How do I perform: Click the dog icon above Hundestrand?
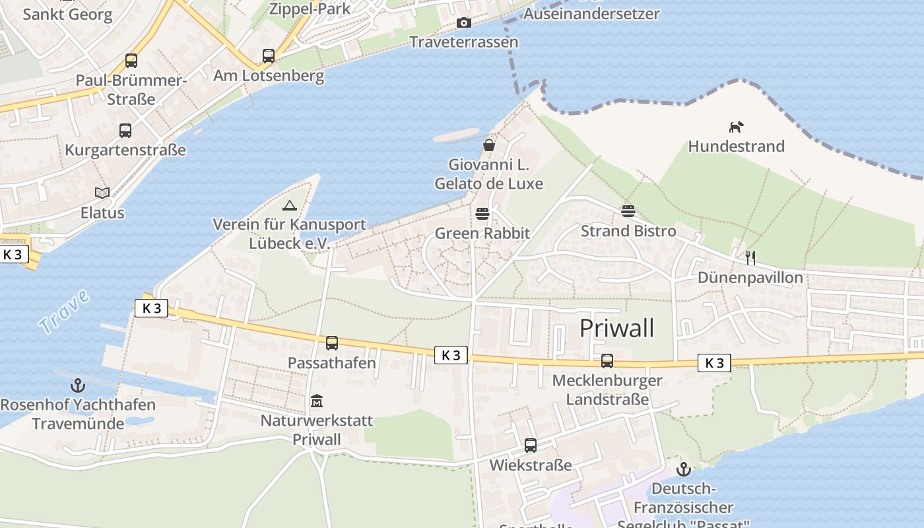point(736,127)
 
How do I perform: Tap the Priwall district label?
point(617,328)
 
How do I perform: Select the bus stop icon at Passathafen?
point(332,343)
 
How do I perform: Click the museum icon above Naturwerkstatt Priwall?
point(317,401)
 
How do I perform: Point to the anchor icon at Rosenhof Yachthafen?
point(78,385)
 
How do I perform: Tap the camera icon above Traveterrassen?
point(464,23)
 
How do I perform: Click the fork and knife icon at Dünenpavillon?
point(750,257)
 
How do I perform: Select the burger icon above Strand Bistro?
point(628,211)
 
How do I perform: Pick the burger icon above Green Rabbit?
point(482,214)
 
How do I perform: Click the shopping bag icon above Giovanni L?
point(489,145)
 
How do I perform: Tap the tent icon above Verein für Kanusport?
point(289,205)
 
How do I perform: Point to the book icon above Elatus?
point(102,193)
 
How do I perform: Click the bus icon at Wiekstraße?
point(531,445)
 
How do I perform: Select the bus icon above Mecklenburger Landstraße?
point(607,361)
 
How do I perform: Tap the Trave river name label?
point(64,312)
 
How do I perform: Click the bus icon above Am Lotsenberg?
point(269,56)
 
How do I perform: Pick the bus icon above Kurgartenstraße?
point(125,131)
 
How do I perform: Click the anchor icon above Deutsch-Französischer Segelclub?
point(684,469)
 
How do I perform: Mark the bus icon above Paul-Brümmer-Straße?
point(131,61)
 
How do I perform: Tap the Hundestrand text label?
point(737,146)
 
